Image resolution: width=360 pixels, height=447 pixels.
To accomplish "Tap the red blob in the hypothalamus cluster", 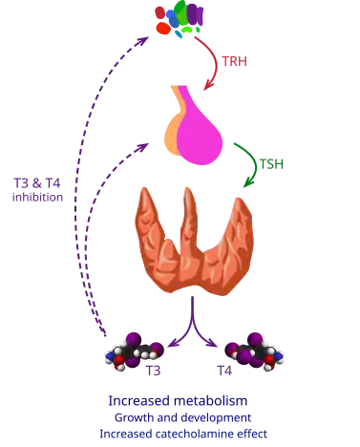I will click(164, 29).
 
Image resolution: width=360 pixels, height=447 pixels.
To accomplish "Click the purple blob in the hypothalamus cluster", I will click(200, 13).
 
